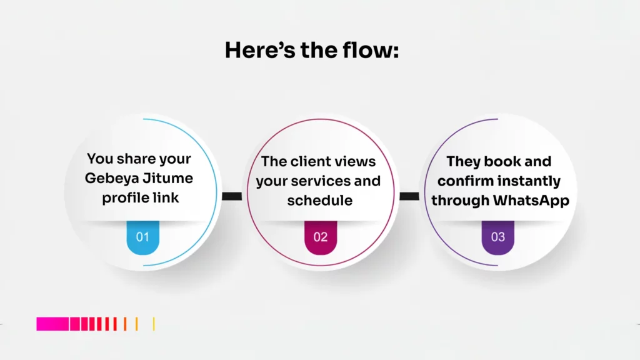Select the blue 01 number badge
[143, 237]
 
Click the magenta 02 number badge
[320, 237]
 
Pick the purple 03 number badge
[497, 237]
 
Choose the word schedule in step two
[320, 201]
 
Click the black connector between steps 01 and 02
[232, 196]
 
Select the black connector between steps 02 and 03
[409, 196]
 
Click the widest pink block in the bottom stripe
[52, 324]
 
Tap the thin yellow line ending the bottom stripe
[154, 324]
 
